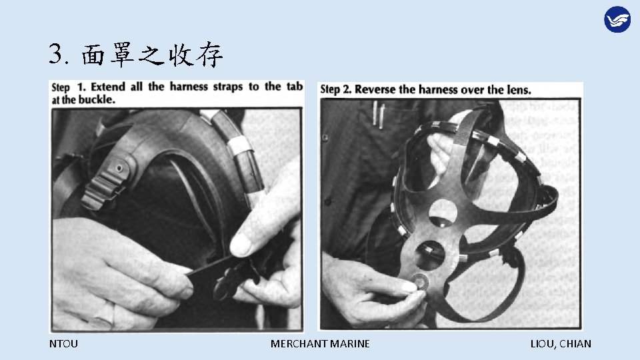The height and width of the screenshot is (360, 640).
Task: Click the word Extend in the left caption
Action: click(x=109, y=87)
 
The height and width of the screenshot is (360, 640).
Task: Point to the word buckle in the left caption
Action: click(x=98, y=100)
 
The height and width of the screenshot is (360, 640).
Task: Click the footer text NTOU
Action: click(x=63, y=344)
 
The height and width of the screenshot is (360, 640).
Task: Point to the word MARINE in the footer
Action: click(x=350, y=344)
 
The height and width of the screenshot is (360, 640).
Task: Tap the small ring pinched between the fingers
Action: click(x=421, y=281)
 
